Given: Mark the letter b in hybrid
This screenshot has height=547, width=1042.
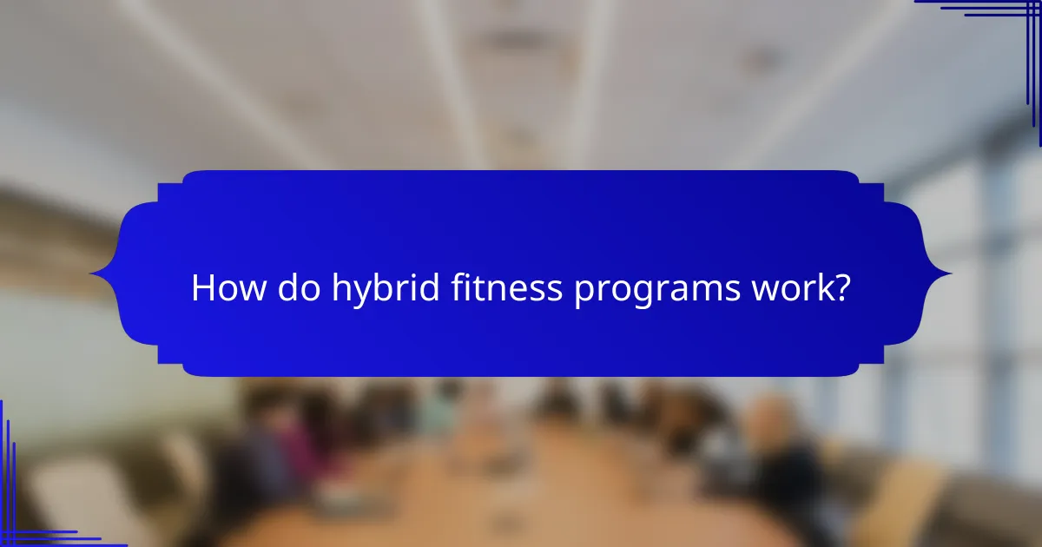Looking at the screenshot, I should click(x=379, y=288).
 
